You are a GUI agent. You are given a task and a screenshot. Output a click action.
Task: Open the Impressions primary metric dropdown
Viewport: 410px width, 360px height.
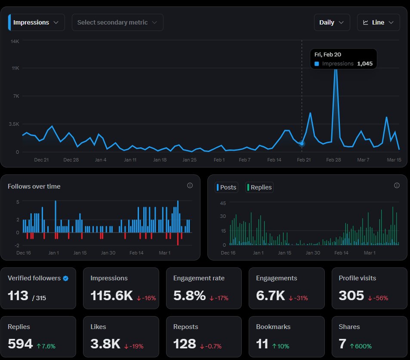(x=36, y=22)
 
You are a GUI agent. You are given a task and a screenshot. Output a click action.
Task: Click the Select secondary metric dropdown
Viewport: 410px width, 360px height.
(x=117, y=22)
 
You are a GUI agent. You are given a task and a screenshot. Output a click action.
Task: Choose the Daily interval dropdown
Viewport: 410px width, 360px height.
(x=331, y=22)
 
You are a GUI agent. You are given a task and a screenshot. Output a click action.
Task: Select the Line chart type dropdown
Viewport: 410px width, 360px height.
(x=378, y=22)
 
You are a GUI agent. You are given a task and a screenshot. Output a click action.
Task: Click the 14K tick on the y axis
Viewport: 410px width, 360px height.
(x=15, y=41)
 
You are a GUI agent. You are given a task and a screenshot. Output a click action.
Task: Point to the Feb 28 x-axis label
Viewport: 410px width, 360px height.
(x=333, y=160)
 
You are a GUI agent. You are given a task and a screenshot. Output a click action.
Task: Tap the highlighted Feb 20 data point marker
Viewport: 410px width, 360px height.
(x=302, y=143)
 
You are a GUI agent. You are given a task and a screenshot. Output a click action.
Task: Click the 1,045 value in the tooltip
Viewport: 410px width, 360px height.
(x=365, y=63)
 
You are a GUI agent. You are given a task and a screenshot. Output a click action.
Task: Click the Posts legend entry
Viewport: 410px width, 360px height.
(x=226, y=187)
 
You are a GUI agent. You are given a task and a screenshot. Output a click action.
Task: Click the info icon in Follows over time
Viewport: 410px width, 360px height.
(x=190, y=186)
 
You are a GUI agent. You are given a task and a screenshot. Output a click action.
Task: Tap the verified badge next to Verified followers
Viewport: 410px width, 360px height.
(x=66, y=278)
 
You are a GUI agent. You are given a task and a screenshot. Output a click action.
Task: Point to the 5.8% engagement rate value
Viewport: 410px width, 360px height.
(x=189, y=296)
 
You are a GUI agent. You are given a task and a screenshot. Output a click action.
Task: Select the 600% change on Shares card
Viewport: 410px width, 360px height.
(x=361, y=346)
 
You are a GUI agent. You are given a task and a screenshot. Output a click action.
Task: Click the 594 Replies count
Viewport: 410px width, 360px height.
(x=20, y=344)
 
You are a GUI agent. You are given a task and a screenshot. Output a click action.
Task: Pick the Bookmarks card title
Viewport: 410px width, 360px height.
(x=273, y=327)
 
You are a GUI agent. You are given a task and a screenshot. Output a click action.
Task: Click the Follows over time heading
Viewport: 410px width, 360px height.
(x=34, y=186)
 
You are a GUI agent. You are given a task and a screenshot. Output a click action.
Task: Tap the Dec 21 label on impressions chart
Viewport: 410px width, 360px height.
(x=41, y=160)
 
